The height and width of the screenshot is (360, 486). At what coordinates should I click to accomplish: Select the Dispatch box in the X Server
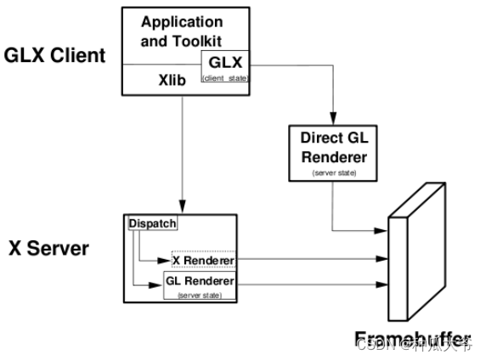pyautogui.click(x=152, y=223)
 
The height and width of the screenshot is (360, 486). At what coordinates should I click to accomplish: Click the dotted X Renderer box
pyautogui.click(x=202, y=259)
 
